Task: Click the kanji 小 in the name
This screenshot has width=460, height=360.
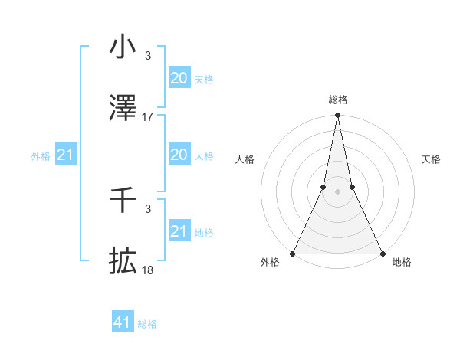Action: click(123, 47)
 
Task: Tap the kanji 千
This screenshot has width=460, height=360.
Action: click(123, 201)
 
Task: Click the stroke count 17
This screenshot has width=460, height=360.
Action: click(148, 117)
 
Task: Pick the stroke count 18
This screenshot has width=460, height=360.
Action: click(148, 270)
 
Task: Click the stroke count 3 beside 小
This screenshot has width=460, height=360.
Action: click(148, 56)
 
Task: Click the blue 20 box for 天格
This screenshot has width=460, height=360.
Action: click(179, 78)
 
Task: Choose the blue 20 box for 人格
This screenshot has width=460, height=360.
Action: click(179, 155)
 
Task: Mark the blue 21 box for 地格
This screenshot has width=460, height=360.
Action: click(179, 231)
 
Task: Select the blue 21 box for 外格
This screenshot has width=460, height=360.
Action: click(66, 155)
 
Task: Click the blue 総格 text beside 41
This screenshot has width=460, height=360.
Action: click(147, 324)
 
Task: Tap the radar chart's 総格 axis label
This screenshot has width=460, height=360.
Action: click(337, 100)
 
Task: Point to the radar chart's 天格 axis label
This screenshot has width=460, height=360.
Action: click(431, 159)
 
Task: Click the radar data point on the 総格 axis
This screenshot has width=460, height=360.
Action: click(337, 116)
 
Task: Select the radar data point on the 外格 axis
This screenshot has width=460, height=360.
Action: click(293, 254)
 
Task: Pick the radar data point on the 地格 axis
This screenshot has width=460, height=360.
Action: click(382, 254)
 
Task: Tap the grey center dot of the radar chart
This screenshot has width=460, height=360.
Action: click(337, 191)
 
